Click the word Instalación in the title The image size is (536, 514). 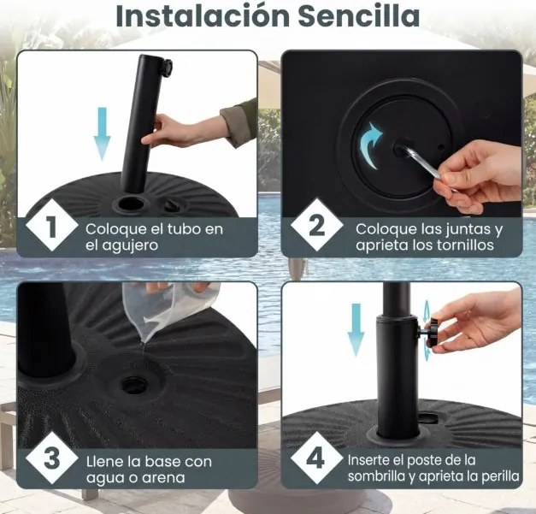(199, 15)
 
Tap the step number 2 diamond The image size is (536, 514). (317, 227)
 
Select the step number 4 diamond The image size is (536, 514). (317, 458)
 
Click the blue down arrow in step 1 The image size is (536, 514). (102, 133)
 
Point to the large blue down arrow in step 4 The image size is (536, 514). (356, 329)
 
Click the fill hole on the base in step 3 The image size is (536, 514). (134, 383)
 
